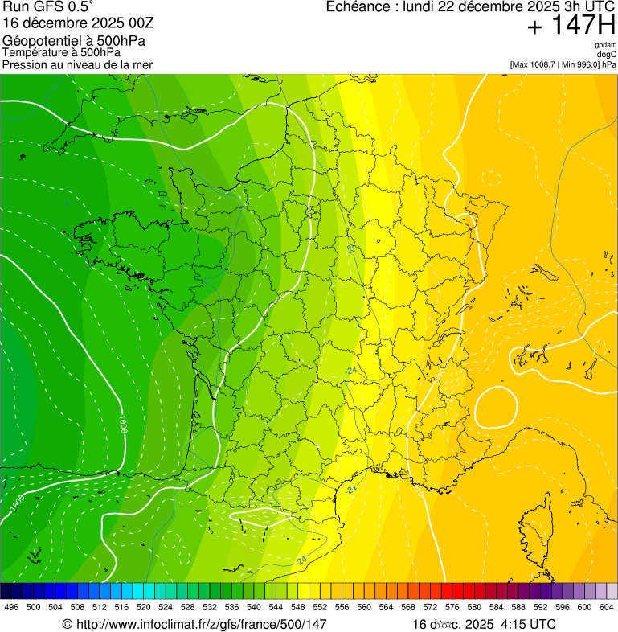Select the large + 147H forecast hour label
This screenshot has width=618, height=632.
571,27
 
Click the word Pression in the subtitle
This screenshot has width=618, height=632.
24,64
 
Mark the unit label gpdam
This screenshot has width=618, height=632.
605,45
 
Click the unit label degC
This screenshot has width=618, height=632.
607,55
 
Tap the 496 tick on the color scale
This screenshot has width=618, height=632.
11,608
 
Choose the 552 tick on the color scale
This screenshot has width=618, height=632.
319,608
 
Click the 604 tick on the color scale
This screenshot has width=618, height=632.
607,608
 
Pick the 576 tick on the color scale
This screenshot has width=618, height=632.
452,608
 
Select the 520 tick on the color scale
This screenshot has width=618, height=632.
144,608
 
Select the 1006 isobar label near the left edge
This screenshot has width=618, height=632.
17,504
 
